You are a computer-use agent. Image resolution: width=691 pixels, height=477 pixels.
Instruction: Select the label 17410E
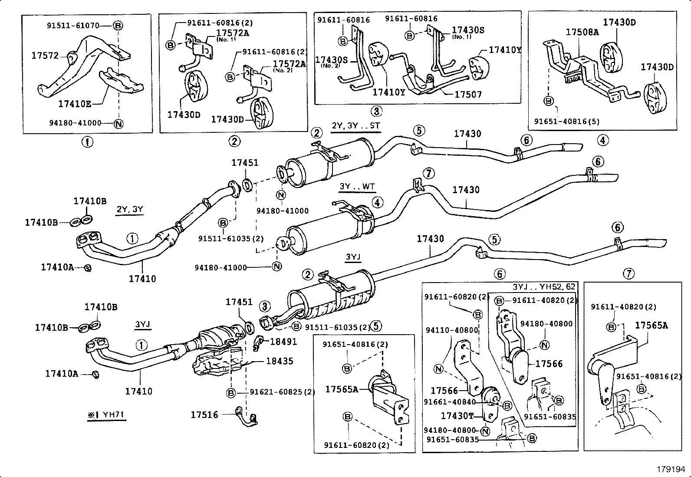pos(75,104)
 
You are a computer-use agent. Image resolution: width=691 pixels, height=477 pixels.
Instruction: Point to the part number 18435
pos(280,361)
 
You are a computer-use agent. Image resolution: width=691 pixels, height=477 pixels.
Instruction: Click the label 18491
pos(283,342)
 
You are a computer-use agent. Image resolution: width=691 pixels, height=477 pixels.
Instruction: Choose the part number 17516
pos(204,415)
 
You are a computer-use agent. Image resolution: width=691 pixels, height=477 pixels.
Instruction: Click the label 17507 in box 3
pos(467,94)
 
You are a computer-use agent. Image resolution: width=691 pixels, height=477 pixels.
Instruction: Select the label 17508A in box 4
pos(582,32)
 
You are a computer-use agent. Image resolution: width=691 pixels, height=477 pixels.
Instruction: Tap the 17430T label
pos(457,416)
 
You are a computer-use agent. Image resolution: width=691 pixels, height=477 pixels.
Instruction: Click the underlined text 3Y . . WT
pos(357,187)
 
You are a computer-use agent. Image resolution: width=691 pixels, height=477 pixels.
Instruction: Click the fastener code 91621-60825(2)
pos(282,392)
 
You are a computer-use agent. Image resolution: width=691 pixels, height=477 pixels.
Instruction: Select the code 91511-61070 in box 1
pos(72,26)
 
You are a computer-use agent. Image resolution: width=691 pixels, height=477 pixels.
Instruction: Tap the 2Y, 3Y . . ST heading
pos(356,126)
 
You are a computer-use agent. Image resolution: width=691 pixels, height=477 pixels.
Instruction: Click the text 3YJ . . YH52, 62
pos(544,287)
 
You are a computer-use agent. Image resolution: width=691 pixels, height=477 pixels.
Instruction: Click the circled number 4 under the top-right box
pos(602,140)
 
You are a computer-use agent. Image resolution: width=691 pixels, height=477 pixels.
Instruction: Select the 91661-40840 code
pos(450,402)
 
